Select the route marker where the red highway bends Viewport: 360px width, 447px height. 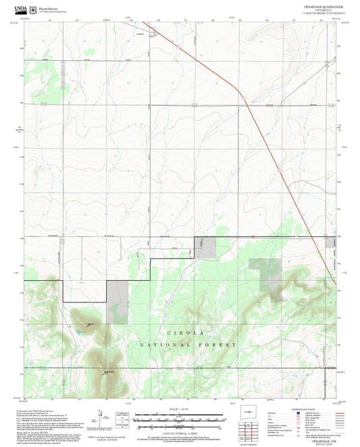pyautogui.click(x=241, y=98)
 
